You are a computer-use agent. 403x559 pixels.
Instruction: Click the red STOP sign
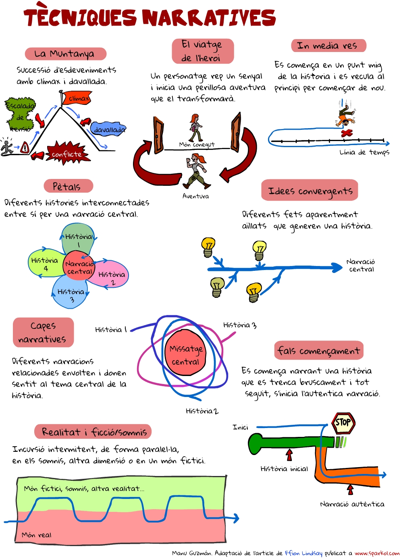[343, 422]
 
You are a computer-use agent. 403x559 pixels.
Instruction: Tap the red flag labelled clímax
[77, 98]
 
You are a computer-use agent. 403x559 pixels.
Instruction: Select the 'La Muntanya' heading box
[65, 54]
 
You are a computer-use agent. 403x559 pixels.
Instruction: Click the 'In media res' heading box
[328, 46]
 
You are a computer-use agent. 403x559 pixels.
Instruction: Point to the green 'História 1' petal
[78, 240]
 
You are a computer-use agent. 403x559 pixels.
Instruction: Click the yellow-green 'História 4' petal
[44, 264]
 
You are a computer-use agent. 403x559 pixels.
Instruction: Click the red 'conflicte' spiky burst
[67, 154]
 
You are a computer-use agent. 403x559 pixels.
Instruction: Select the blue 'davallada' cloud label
[108, 129]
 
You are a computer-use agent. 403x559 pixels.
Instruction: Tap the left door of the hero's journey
[158, 135]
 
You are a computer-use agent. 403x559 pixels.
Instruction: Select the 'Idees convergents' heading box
[310, 191]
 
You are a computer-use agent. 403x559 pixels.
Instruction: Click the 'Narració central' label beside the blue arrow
[361, 265]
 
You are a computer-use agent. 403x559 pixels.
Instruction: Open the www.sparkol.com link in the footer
[376, 553]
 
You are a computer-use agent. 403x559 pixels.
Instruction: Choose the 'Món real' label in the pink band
[37, 535]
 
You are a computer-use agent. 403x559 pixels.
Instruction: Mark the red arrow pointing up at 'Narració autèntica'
[350, 489]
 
